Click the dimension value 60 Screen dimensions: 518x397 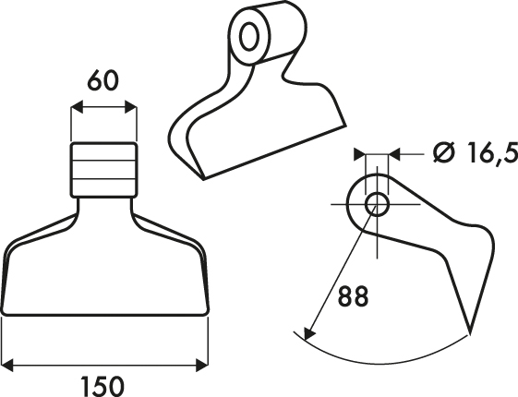[x=102, y=80]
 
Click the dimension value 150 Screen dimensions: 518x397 [x=102, y=386]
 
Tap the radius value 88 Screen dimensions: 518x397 [x=353, y=296]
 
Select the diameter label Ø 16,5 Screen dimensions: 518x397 [x=476, y=153]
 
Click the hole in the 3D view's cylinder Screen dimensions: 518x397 [x=249, y=36]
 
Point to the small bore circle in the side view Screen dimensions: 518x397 [x=377, y=204]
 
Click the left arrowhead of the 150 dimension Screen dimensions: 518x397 [x=7, y=366]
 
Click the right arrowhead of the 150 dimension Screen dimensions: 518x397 [x=202, y=366]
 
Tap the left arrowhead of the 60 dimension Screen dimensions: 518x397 [x=77, y=107]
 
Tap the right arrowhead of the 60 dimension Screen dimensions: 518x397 [x=131, y=107]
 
